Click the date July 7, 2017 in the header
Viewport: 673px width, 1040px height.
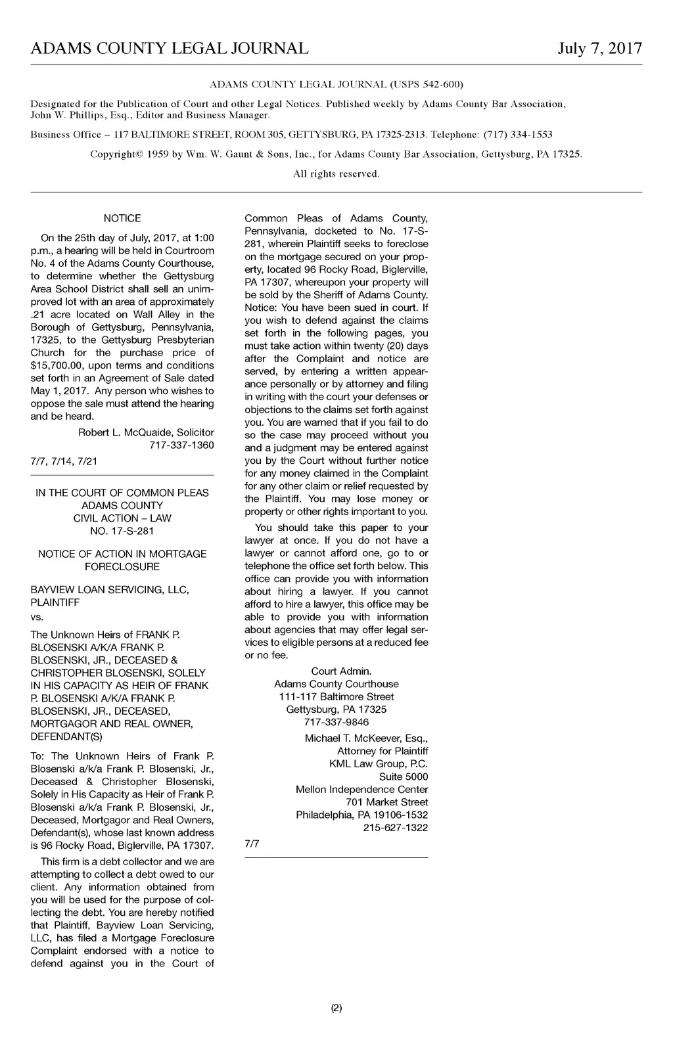point(599,49)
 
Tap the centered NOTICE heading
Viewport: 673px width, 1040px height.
point(122,218)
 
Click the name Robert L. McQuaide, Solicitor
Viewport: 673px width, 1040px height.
point(146,432)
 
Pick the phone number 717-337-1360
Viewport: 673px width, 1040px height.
point(182,445)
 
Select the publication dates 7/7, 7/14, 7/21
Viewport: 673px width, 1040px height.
point(64,461)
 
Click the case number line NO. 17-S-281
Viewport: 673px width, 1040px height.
point(122,531)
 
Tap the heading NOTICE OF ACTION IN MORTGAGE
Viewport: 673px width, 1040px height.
point(122,554)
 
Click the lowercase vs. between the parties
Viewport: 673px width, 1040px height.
point(37,618)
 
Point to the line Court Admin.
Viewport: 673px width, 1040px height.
point(341,671)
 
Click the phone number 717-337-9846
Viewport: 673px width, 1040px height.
point(336,722)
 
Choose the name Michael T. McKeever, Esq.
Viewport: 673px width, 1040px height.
point(366,738)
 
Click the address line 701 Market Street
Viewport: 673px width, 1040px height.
point(387,802)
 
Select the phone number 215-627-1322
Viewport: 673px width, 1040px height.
point(396,828)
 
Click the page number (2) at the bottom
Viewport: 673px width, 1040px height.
point(336,1008)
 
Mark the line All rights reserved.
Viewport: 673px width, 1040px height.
point(336,174)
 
